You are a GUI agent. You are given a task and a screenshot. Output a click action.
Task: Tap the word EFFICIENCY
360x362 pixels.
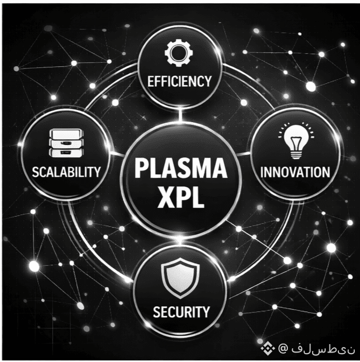point(180,81)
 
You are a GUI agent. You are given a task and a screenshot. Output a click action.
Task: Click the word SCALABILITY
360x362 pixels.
point(66,172)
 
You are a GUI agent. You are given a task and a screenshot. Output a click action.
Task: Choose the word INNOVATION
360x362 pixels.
point(296,172)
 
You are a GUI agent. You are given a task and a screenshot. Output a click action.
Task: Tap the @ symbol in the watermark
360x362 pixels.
point(283,348)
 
